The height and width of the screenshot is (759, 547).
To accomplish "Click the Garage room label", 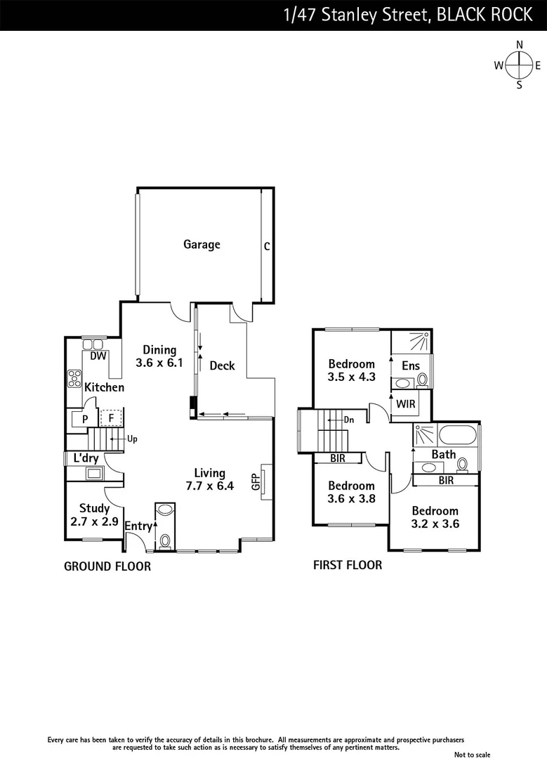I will (x=202, y=245).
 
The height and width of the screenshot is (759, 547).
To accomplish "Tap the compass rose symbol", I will (x=520, y=65).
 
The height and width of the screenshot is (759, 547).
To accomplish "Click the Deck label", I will (x=222, y=365).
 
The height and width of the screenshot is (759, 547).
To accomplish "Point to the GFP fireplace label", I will (x=256, y=482).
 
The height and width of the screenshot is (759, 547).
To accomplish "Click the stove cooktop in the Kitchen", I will (x=74, y=379).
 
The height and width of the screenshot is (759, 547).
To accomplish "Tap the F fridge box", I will (x=110, y=418).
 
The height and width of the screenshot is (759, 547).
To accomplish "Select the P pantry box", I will (x=85, y=419).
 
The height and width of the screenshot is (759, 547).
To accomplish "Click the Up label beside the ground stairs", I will (x=132, y=439).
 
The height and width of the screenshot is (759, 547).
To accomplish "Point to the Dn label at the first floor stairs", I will (x=349, y=420).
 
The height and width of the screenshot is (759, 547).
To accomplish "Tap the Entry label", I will (x=138, y=526).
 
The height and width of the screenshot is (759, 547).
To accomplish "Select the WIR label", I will (x=405, y=404).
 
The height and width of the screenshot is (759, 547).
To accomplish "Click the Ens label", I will (x=411, y=365).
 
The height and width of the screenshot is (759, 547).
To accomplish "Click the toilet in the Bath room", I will (x=463, y=465).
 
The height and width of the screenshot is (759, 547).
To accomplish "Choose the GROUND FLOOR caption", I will (x=107, y=566).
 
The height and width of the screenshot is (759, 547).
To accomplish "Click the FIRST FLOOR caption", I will (x=348, y=564).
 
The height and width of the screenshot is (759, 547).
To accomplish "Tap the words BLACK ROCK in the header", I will (x=485, y=15).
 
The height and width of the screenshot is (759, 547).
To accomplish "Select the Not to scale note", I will (x=473, y=754).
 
